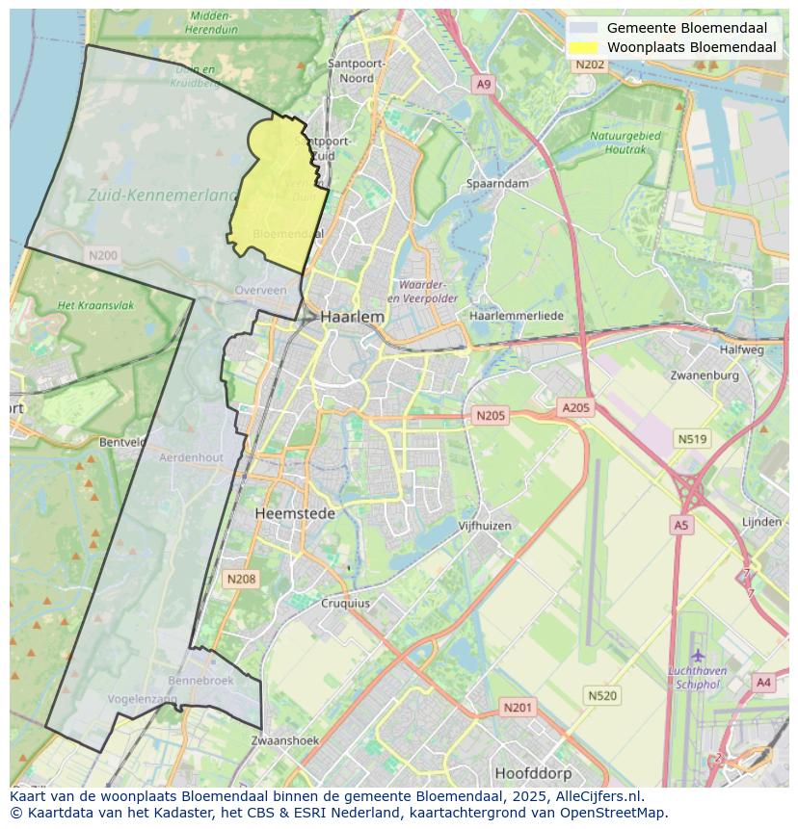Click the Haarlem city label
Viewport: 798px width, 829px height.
352,316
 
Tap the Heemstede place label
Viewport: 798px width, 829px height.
295,513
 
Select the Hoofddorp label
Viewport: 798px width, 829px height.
533,773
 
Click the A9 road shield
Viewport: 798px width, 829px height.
484,85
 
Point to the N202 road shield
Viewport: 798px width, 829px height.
590,65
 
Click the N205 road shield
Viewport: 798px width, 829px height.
490,415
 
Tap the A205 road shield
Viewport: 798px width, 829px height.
575,408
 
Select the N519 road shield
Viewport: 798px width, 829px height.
692,439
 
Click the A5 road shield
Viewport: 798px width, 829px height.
681,525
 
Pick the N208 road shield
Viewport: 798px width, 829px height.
240,579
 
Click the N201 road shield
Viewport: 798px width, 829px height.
517,708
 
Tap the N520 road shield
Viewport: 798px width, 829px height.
602,695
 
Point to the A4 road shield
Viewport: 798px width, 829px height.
763,683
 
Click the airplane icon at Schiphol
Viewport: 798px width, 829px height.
698,656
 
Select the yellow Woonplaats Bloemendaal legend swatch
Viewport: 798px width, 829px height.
583,47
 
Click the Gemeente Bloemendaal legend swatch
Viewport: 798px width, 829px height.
583,28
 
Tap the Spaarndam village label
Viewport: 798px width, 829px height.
497,183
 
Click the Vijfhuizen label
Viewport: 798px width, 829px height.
484,526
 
